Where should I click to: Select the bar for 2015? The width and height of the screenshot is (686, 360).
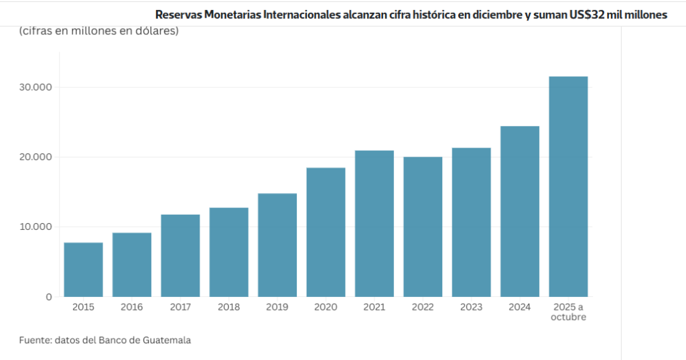tap(83, 269)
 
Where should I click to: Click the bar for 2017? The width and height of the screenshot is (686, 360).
tap(180, 255)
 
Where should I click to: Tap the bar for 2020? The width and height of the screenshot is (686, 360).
tap(326, 232)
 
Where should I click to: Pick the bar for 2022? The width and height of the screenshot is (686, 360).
tap(423, 227)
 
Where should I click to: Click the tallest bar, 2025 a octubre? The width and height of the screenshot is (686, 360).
tap(568, 186)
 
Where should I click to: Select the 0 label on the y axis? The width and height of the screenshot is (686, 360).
tap(48, 297)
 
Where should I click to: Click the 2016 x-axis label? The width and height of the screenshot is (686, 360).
tap(132, 307)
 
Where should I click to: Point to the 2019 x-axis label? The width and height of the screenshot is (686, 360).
tap(277, 307)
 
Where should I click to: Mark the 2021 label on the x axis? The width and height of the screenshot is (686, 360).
tap(374, 307)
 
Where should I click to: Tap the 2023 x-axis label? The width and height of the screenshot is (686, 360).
tap(472, 307)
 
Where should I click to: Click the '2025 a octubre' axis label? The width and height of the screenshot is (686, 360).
tap(568, 312)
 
